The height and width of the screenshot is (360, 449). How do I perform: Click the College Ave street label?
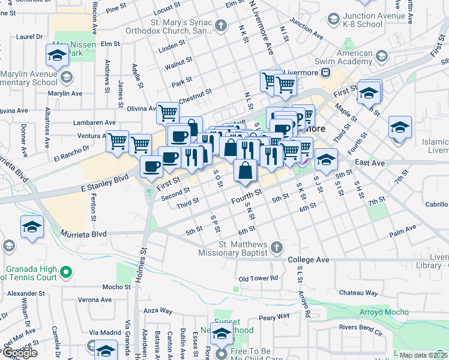click(x=309, y=260)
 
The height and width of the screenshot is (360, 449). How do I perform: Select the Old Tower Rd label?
click(x=258, y=278)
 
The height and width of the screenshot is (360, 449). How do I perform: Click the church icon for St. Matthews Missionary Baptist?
click(x=276, y=247)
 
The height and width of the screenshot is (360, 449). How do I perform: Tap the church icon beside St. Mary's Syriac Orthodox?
click(x=221, y=25)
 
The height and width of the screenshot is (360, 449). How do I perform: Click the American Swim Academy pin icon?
click(x=381, y=58)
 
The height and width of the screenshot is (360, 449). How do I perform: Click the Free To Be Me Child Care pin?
click(x=221, y=354)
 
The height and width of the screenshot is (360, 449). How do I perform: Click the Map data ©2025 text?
click(x=423, y=355)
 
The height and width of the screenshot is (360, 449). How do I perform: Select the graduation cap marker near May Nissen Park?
click(x=56, y=56)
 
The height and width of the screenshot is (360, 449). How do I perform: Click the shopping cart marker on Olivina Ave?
click(x=167, y=112)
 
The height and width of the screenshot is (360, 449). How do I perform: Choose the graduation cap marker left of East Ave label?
click(x=326, y=159)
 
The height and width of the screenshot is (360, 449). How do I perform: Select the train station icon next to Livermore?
click(x=325, y=73)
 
